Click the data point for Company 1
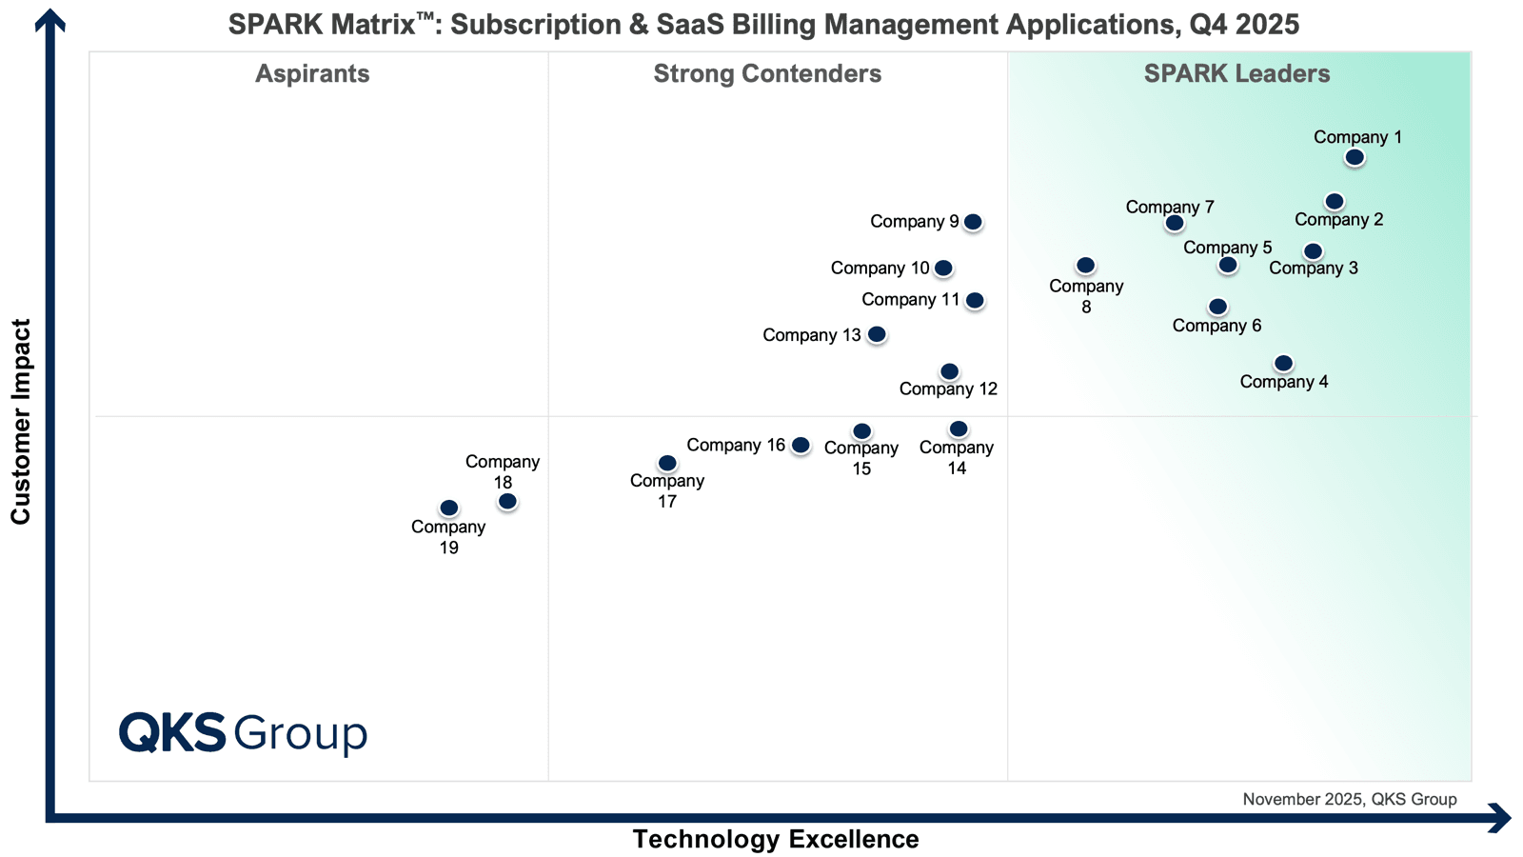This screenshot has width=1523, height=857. tap(1355, 157)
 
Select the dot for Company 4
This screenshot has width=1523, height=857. tap(1283, 363)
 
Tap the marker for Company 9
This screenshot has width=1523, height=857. tap(972, 222)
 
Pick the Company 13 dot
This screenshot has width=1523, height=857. tap(877, 334)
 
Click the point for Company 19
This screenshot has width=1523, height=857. tap(448, 508)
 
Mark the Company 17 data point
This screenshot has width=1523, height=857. tap(667, 463)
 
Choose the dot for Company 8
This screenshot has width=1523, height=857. tap(1085, 265)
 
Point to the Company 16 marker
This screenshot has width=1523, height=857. tap(801, 445)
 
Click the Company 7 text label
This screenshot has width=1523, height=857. tap(1169, 207)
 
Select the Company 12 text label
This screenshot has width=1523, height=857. tap(948, 389)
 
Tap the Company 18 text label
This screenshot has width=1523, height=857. tap(503, 471)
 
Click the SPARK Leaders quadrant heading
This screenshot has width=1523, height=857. tap(1236, 73)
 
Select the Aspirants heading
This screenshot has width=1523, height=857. tap(312, 73)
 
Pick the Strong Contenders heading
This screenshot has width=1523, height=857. tap(767, 73)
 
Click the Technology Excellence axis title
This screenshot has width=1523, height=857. tap(776, 839)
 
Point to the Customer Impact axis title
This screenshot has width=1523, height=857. tap(21, 421)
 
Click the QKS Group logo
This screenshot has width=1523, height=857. tap(243, 733)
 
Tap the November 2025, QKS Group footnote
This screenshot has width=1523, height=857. tap(1349, 799)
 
